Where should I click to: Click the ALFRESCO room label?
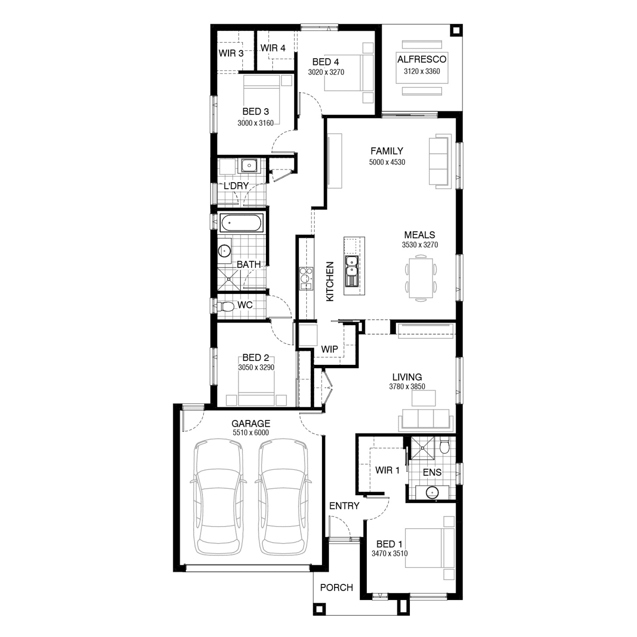click(x=422, y=59)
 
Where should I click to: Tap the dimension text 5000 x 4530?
click(x=387, y=162)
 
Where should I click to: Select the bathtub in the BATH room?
click(x=242, y=223)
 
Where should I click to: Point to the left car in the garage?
click(x=218, y=496)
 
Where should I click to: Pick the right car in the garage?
click(x=283, y=496)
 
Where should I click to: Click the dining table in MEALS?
click(x=421, y=278)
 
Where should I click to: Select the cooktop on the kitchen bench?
click(x=306, y=278)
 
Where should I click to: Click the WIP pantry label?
click(x=330, y=349)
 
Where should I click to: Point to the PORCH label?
click(x=337, y=588)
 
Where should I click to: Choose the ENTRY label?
click(x=344, y=506)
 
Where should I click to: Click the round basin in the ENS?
click(x=432, y=492)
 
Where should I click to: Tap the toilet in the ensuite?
click(x=445, y=445)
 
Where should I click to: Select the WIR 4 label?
click(x=273, y=48)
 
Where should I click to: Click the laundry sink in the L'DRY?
click(x=249, y=165)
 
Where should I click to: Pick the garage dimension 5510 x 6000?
click(x=251, y=433)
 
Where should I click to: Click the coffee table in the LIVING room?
click(x=424, y=398)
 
